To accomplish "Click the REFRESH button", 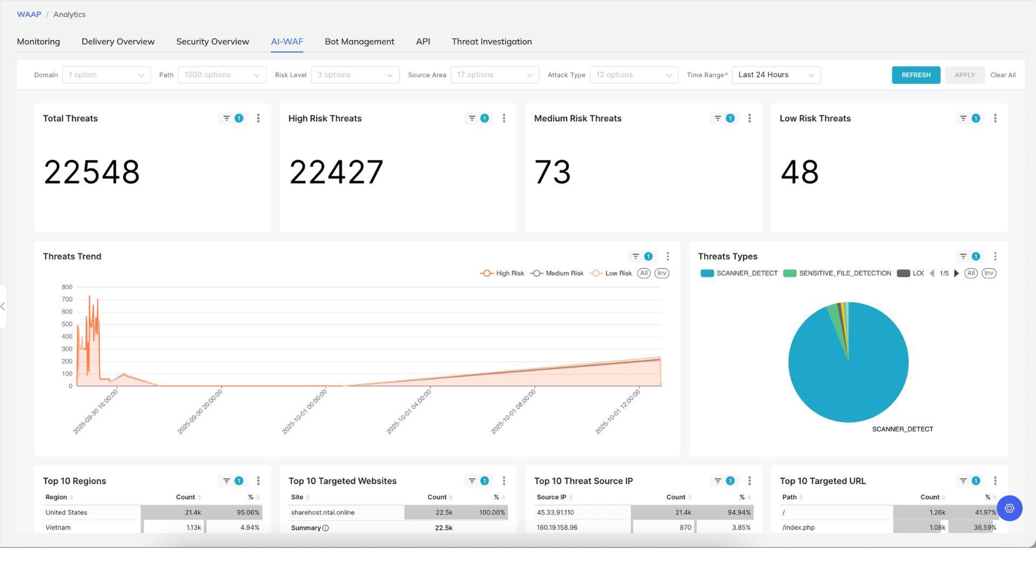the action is click(916, 75).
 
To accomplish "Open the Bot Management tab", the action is click(359, 42).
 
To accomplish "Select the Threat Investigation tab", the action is click(492, 42).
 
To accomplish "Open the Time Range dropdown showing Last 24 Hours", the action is click(776, 75).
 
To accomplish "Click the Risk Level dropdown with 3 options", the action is click(355, 75).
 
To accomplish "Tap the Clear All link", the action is click(1003, 75).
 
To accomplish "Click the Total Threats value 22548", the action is click(92, 172).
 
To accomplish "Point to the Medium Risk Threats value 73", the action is click(553, 172).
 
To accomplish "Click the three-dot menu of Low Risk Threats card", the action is click(995, 118).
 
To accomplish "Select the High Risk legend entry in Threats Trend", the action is click(502, 273).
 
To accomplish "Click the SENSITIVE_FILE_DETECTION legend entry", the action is click(837, 273).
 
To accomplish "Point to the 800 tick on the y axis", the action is click(67, 287).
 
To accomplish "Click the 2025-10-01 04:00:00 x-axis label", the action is click(409, 411).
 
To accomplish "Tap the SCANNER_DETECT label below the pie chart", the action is click(903, 429).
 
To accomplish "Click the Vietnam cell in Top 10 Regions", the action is click(58, 527).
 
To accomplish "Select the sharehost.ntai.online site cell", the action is click(323, 512).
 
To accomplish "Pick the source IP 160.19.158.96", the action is click(557, 527).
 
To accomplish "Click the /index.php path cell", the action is click(799, 527).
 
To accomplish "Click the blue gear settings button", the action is click(1010, 508).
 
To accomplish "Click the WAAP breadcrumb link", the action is click(29, 15).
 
